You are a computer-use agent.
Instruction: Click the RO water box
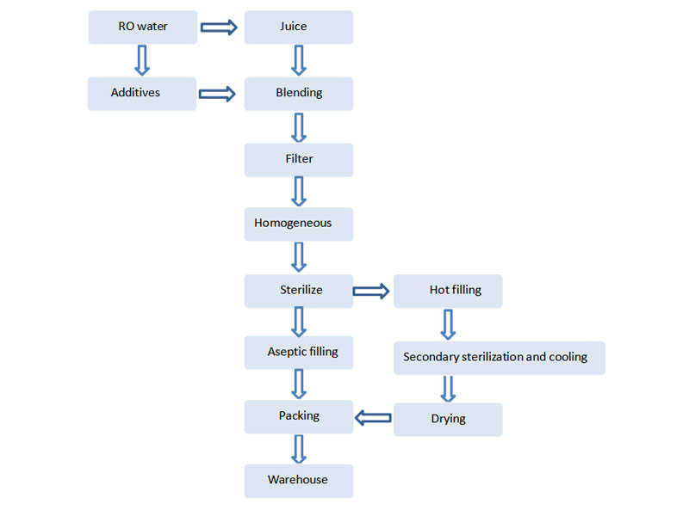coord(143,28)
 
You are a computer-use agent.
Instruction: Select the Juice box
coord(299,28)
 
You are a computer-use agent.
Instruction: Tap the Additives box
coord(142,94)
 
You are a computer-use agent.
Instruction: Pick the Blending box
coord(299,94)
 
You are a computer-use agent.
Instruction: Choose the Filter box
coord(299,160)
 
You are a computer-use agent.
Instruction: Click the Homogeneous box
coord(299,224)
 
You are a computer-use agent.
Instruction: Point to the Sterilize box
coord(299,291)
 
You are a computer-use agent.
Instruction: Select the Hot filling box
coord(448,291)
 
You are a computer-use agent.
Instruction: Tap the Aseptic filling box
coord(299,353)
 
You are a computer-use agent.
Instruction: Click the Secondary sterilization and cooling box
coord(500,358)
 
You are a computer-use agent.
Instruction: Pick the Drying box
coord(448,420)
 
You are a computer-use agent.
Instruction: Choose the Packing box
coord(299,417)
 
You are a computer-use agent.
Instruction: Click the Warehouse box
coord(299,481)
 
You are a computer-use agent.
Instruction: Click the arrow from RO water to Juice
coord(219,28)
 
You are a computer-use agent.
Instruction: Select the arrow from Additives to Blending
coord(217,94)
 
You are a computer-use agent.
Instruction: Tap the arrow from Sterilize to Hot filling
coord(371,291)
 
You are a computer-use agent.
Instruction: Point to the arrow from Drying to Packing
coord(373,418)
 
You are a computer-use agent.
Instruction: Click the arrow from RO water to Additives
coord(142,60)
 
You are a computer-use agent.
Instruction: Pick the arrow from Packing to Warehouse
coord(299,449)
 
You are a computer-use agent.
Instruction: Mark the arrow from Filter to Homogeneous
coord(299,191)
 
